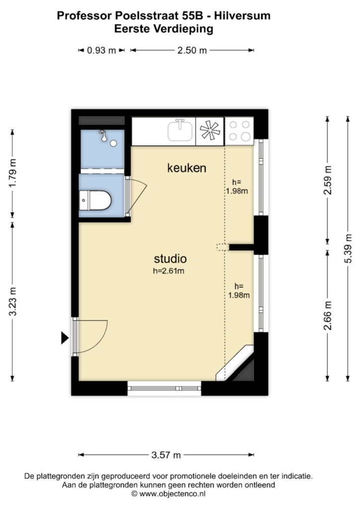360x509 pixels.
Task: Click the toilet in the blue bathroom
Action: point(95,200)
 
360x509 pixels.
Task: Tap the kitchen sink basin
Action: point(180,130)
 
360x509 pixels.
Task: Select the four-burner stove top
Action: point(239,131)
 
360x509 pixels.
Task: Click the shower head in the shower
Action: point(104,136)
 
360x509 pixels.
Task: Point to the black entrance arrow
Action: point(65,338)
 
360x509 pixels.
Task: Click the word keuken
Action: point(186,168)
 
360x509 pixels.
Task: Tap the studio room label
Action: point(170,258)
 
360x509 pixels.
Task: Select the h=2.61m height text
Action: point(169,271)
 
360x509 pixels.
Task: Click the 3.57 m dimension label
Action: point(166,455)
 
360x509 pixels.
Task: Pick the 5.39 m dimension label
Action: point(348,249)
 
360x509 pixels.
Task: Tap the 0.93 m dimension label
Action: point(101,50)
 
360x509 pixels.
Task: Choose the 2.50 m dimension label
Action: point(192,50)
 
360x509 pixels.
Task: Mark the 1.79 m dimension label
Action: point(12,173)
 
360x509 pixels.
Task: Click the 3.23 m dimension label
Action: point(12,302)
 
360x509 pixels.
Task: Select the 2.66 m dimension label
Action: point(328,316)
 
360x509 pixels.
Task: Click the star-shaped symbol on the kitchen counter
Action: point(210,130)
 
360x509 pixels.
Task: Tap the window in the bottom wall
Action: point(164,388)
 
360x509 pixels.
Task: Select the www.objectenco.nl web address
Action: point(173,494)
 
